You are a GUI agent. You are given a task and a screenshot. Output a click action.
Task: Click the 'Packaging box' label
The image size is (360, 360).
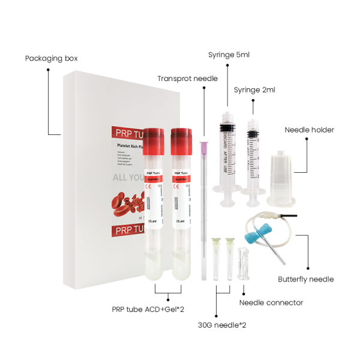(x=51, y=59)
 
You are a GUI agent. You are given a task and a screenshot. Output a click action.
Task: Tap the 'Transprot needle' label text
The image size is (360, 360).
(x=187, y=79)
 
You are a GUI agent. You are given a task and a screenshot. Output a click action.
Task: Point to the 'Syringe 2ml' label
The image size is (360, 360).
(x=255, y=90)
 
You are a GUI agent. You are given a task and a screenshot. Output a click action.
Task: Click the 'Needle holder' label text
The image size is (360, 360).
(x=309, y=130)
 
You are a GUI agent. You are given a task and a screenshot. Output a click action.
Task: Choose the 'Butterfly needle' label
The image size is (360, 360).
(x=305, y=279)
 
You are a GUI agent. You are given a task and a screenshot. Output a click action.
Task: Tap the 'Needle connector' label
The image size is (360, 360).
(x=271, y=302)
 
